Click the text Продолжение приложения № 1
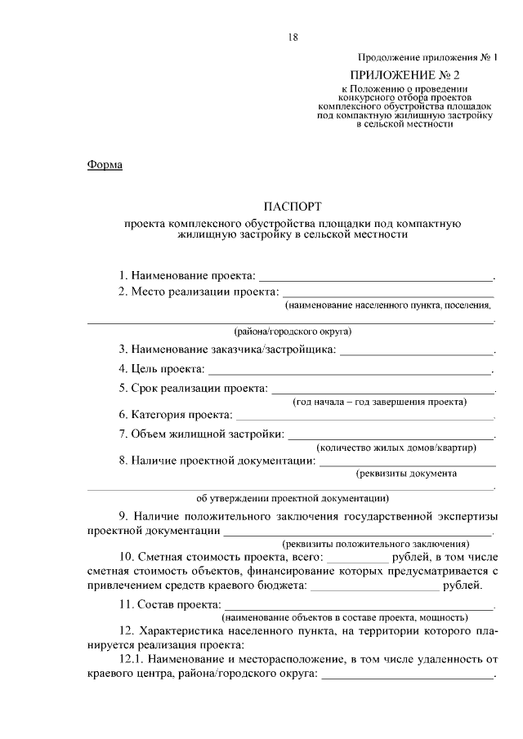coord(427,57)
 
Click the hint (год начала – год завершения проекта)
coord(380,402)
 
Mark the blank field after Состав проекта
coord(360,606)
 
